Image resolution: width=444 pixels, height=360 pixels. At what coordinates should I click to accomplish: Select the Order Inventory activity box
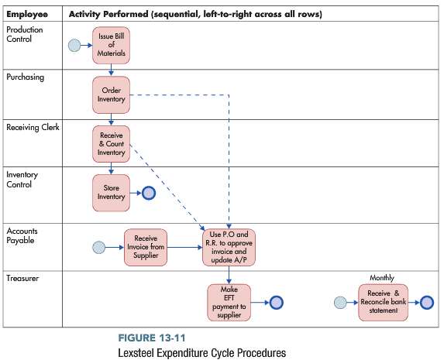point(112,94)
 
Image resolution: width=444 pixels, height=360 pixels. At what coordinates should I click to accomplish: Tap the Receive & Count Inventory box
point(112,142)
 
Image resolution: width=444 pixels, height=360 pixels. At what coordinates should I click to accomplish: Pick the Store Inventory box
point(111,192)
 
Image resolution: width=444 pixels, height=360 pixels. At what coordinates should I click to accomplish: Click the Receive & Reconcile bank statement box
point(383,301)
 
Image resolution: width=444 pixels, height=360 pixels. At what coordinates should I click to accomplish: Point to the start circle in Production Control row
point(75,46)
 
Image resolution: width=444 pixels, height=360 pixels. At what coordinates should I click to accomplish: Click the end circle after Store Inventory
point(148,192)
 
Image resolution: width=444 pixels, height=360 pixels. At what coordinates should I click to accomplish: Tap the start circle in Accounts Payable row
point(98,248)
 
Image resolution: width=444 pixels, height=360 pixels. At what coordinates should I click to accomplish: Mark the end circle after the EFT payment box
point(276,302)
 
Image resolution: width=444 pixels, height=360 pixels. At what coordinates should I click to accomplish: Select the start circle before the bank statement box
point(340,302)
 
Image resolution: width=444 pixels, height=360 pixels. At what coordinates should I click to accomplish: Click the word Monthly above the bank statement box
point(382,276)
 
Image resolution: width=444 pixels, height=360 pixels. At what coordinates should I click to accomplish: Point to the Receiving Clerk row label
point(33,128)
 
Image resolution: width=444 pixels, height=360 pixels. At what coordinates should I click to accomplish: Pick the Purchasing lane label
point(26,77)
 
